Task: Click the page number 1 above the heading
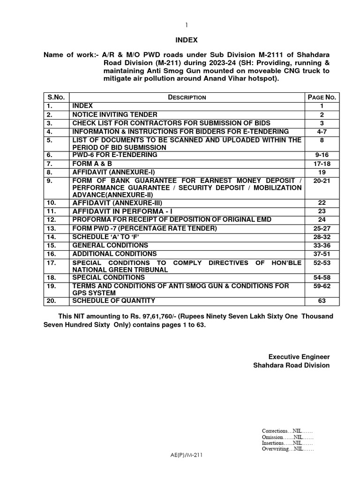coord(187,24)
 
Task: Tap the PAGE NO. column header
coord(322,97)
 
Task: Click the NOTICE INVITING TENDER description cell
coord(115,114)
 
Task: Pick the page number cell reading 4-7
coord(322,132)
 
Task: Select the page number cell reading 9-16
coord(322,155)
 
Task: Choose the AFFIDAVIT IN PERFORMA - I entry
coord(122,211)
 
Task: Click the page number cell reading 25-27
coord(322,229)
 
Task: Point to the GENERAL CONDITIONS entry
coord(110,246)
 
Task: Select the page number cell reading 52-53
coord(322,263)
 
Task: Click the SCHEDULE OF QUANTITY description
coord(113,301)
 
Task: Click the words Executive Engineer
coord(299,357)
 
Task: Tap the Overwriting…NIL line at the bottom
coord(288,449)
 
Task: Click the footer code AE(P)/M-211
coord(187,455)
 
